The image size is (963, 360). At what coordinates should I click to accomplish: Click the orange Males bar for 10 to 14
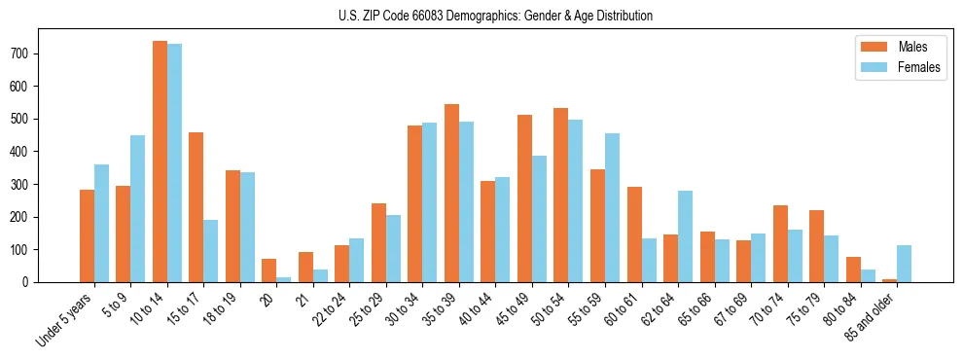(x=160, y=162)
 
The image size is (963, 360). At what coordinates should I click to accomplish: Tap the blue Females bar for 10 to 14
(x=174, y=163)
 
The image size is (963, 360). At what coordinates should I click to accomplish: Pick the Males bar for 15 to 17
(x=196, y=206)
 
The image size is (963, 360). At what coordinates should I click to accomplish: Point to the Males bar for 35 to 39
(x=451, y=193)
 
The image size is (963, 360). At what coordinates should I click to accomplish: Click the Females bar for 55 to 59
(x=612, y=207)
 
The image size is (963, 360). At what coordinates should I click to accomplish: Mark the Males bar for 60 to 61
(x=634, y=234)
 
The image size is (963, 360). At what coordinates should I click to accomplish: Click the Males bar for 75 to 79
(x=816, y=246)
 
